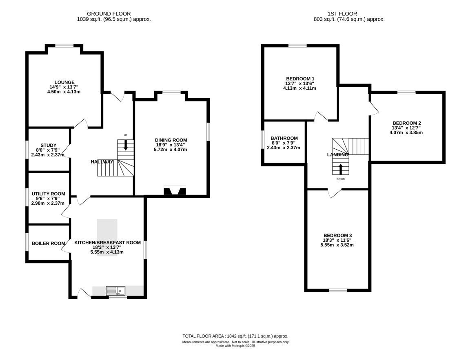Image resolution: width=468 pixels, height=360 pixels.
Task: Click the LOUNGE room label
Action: (x=64, y=82)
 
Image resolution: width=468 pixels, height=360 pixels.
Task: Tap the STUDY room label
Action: (x=49, y=146)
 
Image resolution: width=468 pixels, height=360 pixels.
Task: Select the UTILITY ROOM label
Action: (x=49, y=194)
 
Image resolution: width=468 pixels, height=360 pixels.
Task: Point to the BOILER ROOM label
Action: (x=49, y=243)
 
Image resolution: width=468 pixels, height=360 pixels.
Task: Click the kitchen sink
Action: (x=116, y=291)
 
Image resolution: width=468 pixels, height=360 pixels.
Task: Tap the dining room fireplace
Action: (x=175, y=190)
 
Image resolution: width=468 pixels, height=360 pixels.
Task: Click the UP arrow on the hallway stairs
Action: (x=126, y=145)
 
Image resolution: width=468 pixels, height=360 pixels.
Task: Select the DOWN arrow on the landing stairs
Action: (x=341, y=169)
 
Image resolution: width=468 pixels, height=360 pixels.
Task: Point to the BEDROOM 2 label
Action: (x=406, y=123)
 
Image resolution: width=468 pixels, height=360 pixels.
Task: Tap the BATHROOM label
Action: (x=284, y=138)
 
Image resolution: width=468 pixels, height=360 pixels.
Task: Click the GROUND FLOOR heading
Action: (x=109, y=14)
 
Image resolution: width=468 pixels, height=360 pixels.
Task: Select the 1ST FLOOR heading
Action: (x=342, y=14)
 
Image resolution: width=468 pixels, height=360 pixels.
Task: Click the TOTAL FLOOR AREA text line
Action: (x=235, y=336)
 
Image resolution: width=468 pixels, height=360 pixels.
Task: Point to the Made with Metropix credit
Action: (x=235, y=346)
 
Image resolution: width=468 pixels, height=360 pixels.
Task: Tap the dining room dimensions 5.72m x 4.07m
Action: (x=171, y=150)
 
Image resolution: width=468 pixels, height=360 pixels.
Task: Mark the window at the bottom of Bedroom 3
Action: (x=338, y=290)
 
